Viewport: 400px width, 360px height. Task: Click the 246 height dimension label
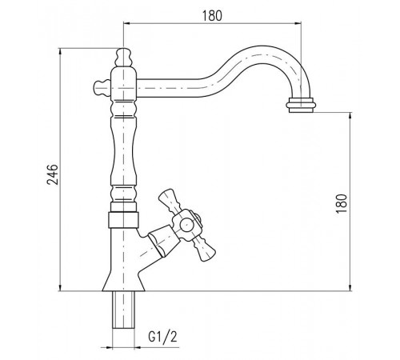pos(53,174)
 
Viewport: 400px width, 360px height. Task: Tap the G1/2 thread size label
pos(162,337)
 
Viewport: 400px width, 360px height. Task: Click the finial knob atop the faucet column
pos(123,57)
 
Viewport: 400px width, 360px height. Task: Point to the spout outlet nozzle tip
pos(301,105)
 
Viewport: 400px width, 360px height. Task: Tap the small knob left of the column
pos(102,87)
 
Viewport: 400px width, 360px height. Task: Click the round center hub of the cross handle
pos(186,225)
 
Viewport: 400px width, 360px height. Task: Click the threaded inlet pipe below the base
pos(123,310)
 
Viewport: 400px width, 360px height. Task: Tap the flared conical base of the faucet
pos(123,280)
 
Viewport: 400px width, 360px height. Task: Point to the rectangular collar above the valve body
pos(123,220)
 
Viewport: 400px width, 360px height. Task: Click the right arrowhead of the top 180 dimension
pos(298,23)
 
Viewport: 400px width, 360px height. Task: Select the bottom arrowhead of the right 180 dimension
pos(350,288)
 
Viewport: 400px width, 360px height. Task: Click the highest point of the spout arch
pos(262,46)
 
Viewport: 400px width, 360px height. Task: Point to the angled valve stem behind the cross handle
pos(162,239)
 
